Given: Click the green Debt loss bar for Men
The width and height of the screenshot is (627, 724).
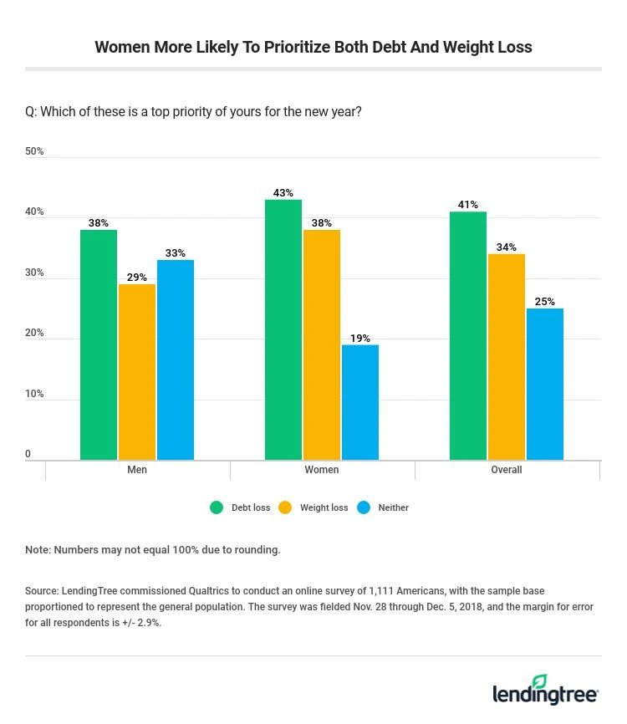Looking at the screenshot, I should (99, 344).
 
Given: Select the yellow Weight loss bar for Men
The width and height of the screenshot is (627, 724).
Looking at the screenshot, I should (137, 371).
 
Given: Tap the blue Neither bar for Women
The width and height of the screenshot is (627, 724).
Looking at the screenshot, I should (360, 402).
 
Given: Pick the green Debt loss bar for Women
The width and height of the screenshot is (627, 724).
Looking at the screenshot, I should (283, 329).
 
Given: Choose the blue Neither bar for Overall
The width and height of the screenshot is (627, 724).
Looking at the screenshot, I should (545, 384).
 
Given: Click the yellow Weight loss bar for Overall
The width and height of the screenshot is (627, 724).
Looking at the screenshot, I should (507, 356).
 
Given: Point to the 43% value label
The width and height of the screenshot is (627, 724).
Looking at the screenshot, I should (283, 193).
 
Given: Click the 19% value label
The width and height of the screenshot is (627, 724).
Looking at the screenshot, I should (360, 339).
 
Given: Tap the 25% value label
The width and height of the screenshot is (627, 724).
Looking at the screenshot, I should (545, 302).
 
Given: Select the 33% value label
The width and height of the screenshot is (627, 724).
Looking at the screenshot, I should (176, 253).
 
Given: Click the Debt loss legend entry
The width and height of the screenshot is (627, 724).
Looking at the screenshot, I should (240, 507).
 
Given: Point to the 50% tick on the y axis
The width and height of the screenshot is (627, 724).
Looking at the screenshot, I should (34, 151).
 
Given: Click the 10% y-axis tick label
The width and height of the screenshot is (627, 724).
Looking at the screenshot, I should (34, 394).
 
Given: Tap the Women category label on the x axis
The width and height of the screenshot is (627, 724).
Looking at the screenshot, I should (322, 470).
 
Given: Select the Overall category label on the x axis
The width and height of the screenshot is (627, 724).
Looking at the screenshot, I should (507, 470).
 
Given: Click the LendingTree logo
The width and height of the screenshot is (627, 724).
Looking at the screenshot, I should (546, 691).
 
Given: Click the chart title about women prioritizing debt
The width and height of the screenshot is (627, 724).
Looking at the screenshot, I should (313, 47).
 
